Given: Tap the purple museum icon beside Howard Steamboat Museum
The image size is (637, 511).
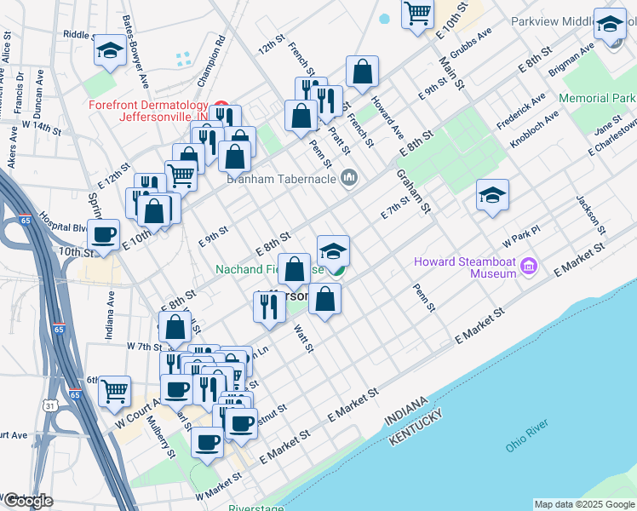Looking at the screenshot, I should (528, 267).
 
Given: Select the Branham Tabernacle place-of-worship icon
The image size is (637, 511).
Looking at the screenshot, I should (347, 179).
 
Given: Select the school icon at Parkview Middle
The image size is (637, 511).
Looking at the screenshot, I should (610, 26).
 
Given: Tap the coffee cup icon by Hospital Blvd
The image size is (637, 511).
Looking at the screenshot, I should (104, 234).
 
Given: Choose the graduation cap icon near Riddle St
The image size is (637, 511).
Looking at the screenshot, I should (110, 51).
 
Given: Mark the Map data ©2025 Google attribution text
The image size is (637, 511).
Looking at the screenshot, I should (584, 504).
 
